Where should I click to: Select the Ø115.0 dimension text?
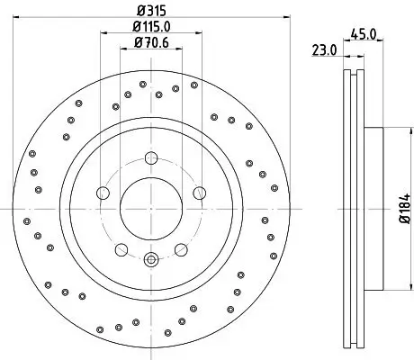[x=149, y=27]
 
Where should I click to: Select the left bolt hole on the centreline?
[x=102, y=194]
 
